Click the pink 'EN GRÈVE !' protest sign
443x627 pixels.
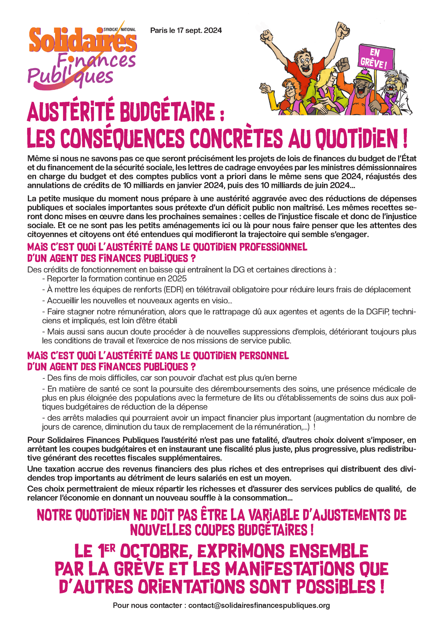(375, 58)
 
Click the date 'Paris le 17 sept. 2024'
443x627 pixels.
(186, 30)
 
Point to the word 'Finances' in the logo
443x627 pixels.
(96, 61)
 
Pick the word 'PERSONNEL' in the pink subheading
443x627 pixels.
(264, 355)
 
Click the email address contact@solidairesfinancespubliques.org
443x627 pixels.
(259, 605)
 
